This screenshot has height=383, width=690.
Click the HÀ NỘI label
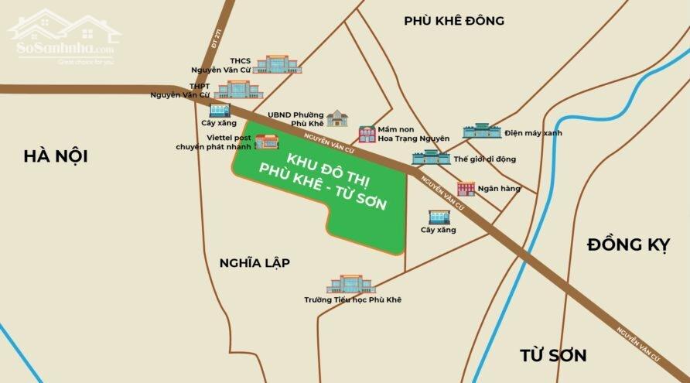click(x=55, y=156)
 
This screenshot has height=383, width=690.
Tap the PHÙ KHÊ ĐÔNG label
click(x=453, y=21)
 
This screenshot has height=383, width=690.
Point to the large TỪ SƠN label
click(x=552, y=355)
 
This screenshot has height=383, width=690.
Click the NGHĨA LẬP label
click(x=254, y=263)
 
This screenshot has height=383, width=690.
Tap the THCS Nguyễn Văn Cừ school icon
click(x=271, y=64)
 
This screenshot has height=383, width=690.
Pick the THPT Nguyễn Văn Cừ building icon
click(x=233, y=90)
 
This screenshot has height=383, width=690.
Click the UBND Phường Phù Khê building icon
click(x=337, y=118)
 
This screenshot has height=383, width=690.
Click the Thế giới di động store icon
click(x=431, y=158)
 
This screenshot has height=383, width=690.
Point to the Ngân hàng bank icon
click(x=466, y=189)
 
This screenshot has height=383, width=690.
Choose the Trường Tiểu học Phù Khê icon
click(x=350, y=284)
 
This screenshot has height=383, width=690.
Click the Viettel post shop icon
click(x=267, y=142)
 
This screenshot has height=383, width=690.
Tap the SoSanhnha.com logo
click(x=65, y=36)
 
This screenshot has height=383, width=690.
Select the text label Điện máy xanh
click(x=533, y=133)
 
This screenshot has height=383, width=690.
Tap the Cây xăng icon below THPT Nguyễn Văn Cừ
click(x=219, y=111)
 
